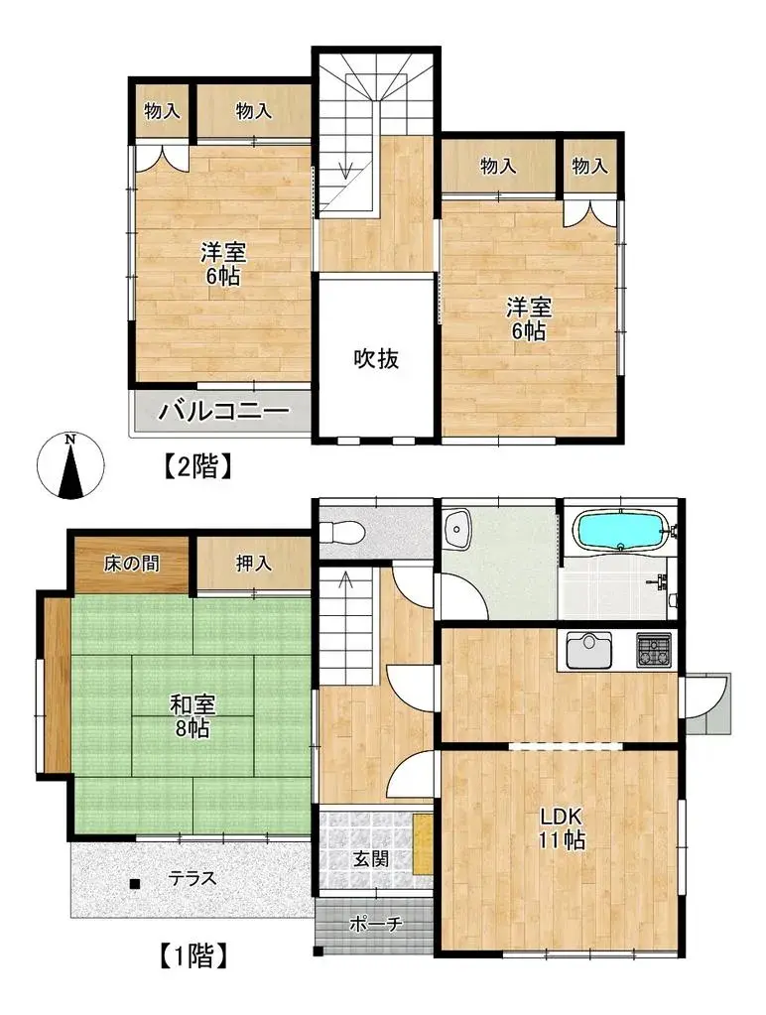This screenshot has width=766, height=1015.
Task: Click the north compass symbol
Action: click(x=70, y=465)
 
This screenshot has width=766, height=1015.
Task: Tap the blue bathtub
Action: click(x=620, y=530)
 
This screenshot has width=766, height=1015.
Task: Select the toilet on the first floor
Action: click(x=342, y=532)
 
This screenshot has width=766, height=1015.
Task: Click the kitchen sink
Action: click(x=589, y=650)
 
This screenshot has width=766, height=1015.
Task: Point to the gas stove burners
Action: click(x=653, y=650)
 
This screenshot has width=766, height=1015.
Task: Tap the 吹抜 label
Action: click(x=376, y=358)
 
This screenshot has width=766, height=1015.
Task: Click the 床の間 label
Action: click(x=131, y=564)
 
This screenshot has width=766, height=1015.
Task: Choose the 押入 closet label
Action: click(x=253, y=564)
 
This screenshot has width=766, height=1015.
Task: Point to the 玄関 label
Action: click(x=371, y=858)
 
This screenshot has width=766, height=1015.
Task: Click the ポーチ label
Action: click(x=376, y=923)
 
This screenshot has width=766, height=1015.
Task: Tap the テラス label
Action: click(x=191, y=878)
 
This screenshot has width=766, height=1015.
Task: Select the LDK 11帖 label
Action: click(x=562, y=827)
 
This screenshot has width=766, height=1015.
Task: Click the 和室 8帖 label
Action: click(x=191, y=716)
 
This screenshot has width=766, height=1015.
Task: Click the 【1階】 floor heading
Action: click(x=192, y=954)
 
